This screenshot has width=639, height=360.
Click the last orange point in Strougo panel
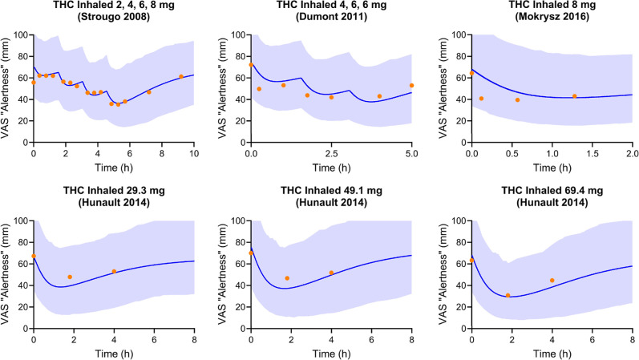coord(181,76)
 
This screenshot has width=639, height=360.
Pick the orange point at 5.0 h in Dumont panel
coord(411,85)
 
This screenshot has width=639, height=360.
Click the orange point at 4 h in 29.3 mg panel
coord(114,271)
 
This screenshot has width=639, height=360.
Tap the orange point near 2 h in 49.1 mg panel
coord(287,278)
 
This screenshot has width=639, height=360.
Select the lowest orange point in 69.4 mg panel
coord(508,295)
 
